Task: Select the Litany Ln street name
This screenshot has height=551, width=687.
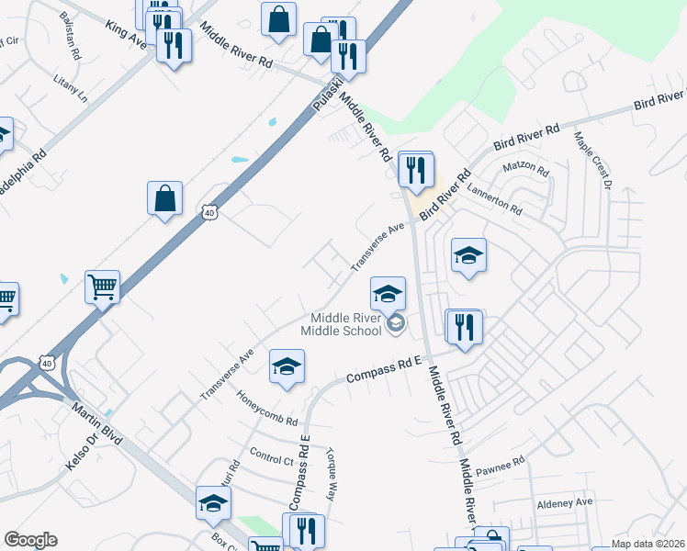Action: point(71,88)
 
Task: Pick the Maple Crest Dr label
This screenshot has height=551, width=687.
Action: point(593,161)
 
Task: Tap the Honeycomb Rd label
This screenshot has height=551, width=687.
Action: point(267,410)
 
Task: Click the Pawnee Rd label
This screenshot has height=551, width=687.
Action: point(500,467)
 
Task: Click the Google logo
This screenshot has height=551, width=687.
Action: point(30,540)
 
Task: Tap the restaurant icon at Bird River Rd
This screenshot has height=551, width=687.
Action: point(416,169)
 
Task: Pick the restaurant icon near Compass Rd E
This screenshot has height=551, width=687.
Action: point(464,326)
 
